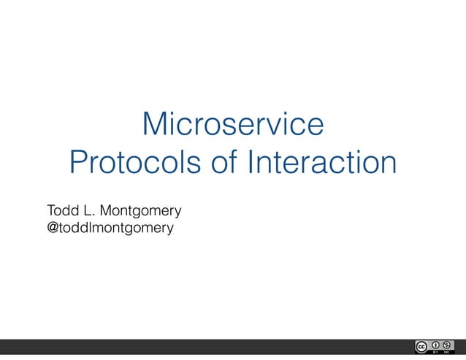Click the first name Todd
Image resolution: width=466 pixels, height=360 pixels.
pyautogui.click(x=61, y=212)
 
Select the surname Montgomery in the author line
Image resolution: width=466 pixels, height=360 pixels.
pyautogui.click(x=140, y=212)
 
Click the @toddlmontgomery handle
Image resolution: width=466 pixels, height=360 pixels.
pyautogui.click(x=110, y=229)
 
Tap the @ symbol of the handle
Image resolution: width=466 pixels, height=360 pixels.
pyautogui.click(x=53, y=229)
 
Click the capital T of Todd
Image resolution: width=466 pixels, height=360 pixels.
pyautogui.click(x=50, y=212)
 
